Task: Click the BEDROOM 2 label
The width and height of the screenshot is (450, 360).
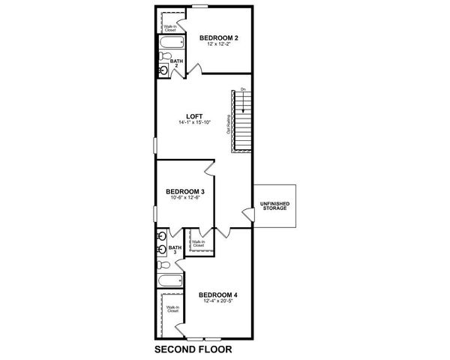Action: [x=217, y=37]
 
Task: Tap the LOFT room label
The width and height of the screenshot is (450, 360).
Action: [x=195, y=116]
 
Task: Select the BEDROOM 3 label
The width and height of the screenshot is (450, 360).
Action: [x=185, y=191]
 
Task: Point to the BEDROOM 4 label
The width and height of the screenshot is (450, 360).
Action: [x=218, y=295]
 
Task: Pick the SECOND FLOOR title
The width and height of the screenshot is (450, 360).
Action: [x=193, y=349]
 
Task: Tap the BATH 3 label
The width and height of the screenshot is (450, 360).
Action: [x=174, y=250]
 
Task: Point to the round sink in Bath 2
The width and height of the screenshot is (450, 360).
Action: [x=164, y=70]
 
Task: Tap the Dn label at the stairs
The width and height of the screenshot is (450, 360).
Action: [x=242, y=90]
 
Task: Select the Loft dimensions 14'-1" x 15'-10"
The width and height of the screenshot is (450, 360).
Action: [x=195, y=123]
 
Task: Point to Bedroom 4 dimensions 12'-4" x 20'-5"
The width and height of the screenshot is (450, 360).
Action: [x=218, y=302]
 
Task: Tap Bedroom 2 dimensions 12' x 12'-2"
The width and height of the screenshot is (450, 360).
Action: [x=217, y=44]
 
